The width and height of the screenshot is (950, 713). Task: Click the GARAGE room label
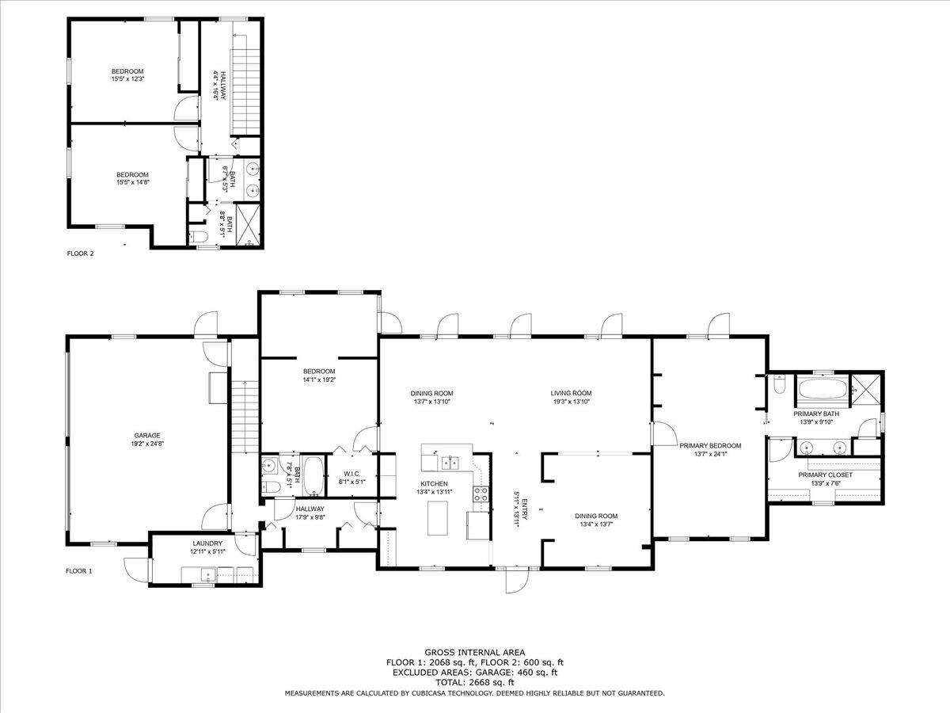click(x=147, y=436)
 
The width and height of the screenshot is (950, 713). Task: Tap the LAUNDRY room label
click(x=207, y=543)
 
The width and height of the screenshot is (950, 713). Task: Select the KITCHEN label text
click(x=434, y=483)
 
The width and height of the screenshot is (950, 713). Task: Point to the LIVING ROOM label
click(x=571, y=393)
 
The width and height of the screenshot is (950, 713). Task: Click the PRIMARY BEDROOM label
click(x=710, y=445)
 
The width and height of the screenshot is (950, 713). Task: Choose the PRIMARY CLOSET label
click(x=826, y=475)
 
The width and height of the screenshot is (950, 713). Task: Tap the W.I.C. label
click(x=351, y=474)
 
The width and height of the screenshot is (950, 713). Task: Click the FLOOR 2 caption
click(x=80, y=254)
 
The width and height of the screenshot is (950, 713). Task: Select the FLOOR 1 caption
click(x=78, y=571)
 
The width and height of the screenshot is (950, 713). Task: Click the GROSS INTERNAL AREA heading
click(x=475, y=652)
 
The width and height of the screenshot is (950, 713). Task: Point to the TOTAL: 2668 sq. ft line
click(x=475, y=682)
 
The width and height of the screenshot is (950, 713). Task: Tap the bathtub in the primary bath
click(x=823, y=389)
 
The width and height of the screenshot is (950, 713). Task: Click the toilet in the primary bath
click(x=779, y=384)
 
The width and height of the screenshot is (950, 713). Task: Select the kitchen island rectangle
click(x=438, y=518)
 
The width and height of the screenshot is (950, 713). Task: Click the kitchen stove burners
click(x=481, y=494)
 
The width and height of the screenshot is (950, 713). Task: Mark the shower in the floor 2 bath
click(x=248, y=225)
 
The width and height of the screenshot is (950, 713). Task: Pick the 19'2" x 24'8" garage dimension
click(x=147, y=444)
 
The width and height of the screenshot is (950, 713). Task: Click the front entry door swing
click(x=517, y=580)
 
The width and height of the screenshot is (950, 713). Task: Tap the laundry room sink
click(x=209, y=575)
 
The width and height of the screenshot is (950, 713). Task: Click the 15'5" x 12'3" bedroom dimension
click(x=127, y=79)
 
